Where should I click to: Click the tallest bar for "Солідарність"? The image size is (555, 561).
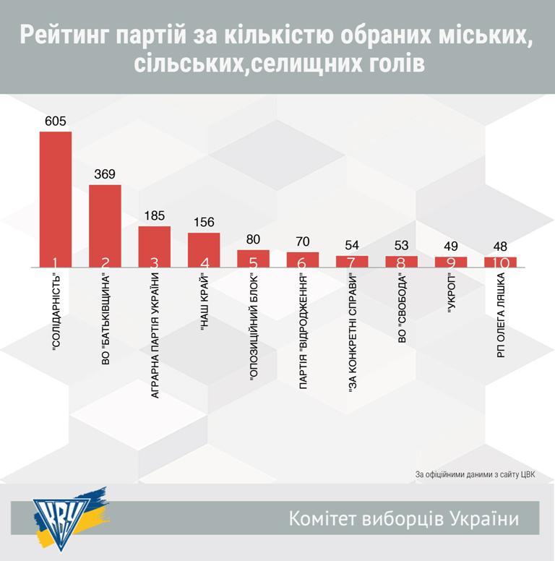click(55, 199)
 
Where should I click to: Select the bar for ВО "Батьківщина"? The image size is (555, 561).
click(105, 226)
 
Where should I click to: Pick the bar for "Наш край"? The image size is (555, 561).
click(203, 249)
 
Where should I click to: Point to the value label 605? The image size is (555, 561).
click(55, 121)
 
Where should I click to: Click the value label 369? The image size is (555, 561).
click(105, 174)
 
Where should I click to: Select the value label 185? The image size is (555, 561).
click(154, 215)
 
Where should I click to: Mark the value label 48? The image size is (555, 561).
click(500, 246)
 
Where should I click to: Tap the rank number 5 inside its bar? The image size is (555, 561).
click(253, 262)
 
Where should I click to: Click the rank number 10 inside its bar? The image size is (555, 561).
click(500, 262)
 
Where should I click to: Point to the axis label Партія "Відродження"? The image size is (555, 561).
click(303, 322)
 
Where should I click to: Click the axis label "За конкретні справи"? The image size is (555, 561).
click(353, 325)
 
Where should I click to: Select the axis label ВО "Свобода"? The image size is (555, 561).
click(402, 307)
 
